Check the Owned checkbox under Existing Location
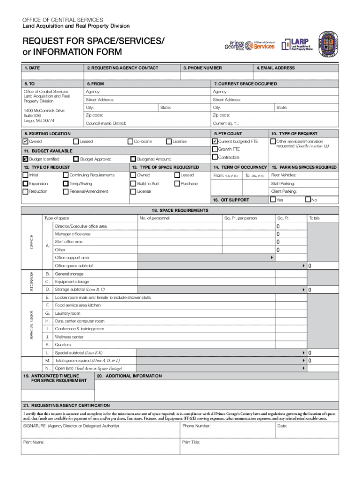point(25,141)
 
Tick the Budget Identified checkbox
point(25,159)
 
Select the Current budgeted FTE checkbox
point(215,141)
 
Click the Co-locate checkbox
point(130,141)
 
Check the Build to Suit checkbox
point(133,183)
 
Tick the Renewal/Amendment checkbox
point(65,191)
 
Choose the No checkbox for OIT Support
point(308,200)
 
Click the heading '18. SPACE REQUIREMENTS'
point(180,210)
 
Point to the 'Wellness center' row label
point(69,337)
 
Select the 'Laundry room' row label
point(67,313)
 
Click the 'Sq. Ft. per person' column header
point(240,218)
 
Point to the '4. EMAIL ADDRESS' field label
point(275,68)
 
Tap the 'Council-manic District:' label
point(106,123)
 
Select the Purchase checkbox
point(177,183)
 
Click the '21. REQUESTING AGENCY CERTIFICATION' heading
point(67,405)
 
